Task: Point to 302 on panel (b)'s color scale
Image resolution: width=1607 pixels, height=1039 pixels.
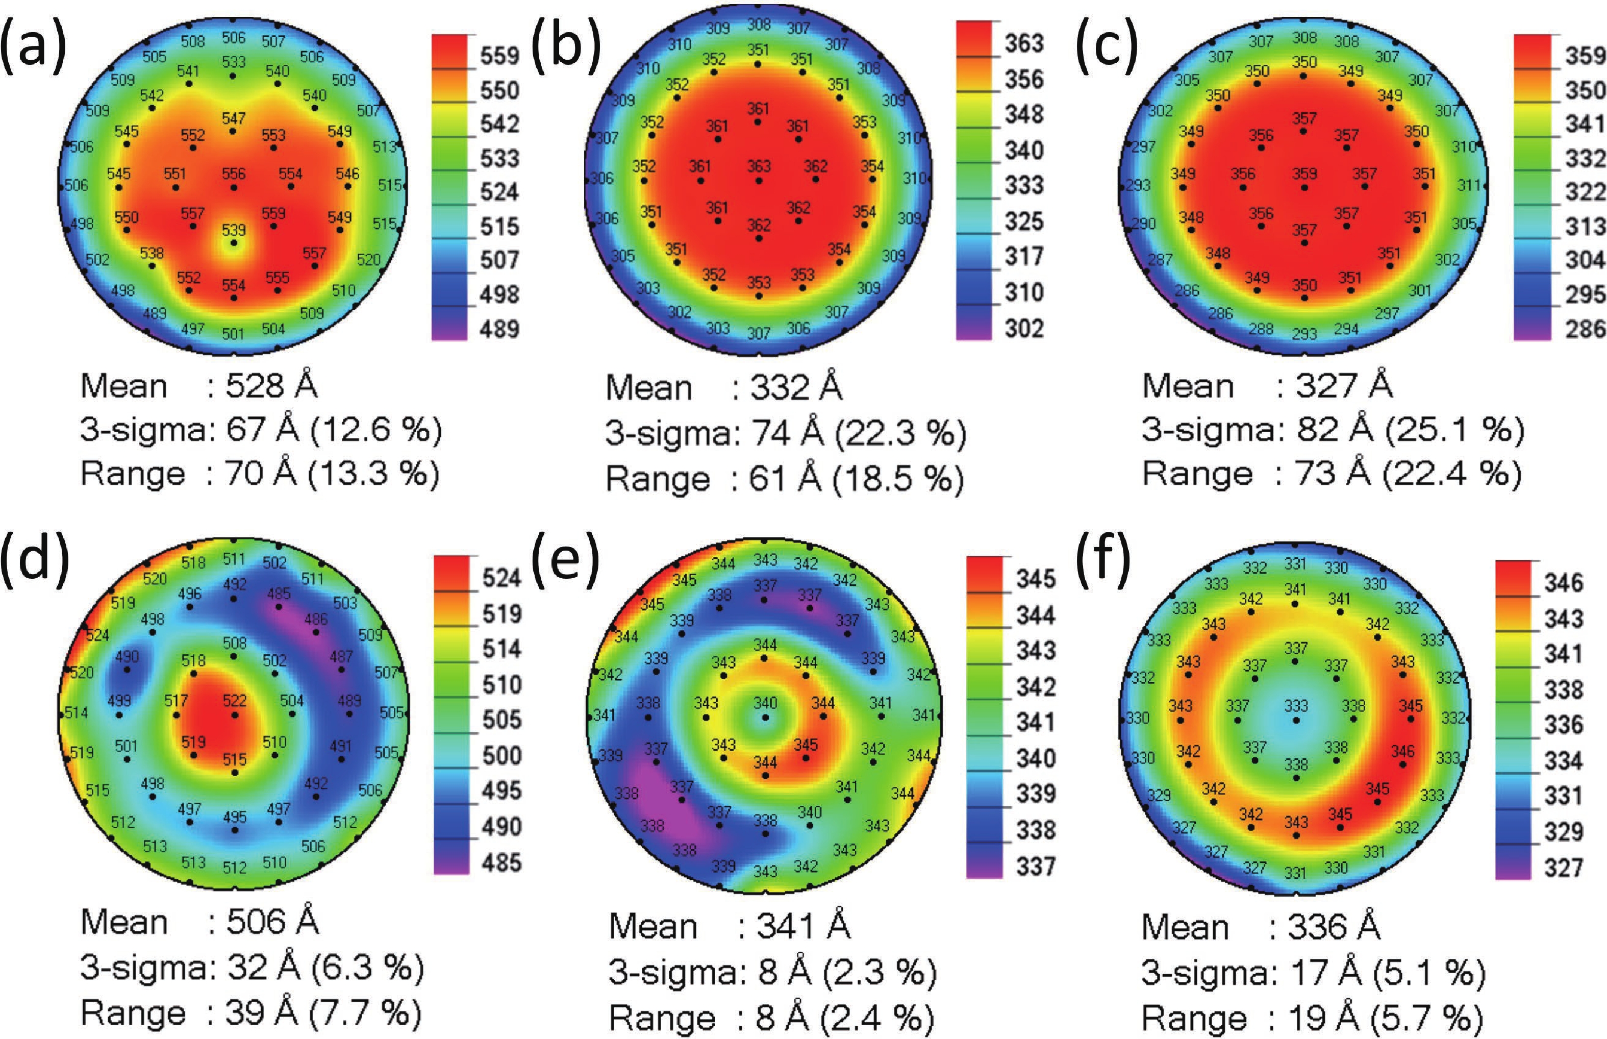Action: pyautogui.click(x=1024, y=329)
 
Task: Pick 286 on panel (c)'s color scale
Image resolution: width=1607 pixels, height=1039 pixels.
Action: pyautogui.click(x=1584, y=329)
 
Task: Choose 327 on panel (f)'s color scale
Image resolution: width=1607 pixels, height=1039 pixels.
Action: pyautogui.click(x=1563, y=867)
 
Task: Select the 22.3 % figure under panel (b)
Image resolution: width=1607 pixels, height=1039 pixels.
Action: pyautogui.click(x=900, y=433)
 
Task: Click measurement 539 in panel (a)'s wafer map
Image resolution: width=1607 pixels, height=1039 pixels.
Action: pyautogui.click(x=234, y=231)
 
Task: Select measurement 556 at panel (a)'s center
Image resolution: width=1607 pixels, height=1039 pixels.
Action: pyautogui.click(x=234, y=174)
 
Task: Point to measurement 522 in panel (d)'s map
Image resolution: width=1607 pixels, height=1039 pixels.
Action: pyautogui.click(x=234, y=700)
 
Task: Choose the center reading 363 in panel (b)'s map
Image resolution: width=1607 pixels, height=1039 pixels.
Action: pyautogui.click(x=759, y=166)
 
